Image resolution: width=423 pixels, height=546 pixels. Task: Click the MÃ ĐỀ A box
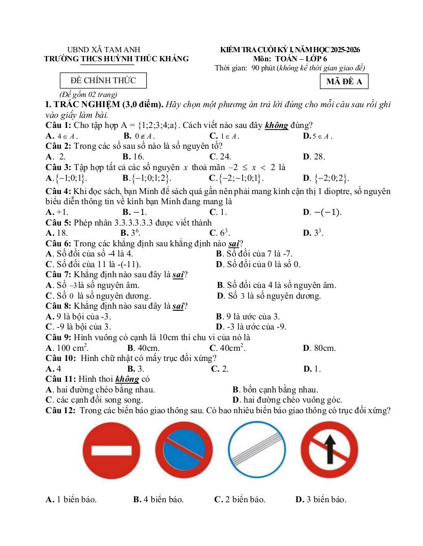click(x=344, y=82)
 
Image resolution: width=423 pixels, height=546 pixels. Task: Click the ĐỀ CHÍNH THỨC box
click(x=103, y=81)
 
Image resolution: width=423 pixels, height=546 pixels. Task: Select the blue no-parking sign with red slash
click(x=183, y=451)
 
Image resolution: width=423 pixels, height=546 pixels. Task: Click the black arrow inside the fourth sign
click(x=329, y=448)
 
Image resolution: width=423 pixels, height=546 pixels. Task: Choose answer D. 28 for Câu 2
click(x=314, y=157)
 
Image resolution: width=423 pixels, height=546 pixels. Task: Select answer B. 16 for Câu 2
click(x=133, y=157)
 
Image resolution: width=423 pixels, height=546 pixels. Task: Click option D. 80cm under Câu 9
click(x=319, y=348)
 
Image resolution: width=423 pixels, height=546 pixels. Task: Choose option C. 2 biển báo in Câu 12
click(x=240, y=500)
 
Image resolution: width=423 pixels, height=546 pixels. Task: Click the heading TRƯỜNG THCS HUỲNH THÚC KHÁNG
click(x=116, y=59)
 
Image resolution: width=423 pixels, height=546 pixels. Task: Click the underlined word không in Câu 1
click(x=277, y=125)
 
